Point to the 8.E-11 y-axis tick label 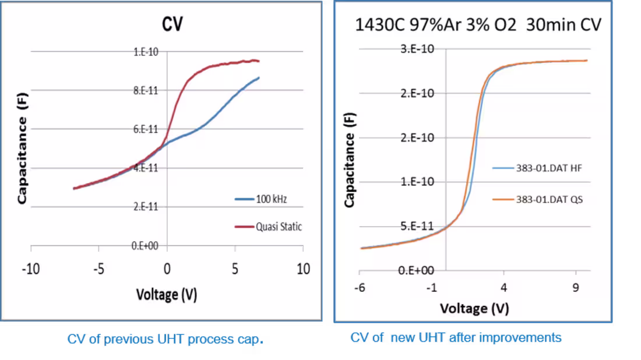(146, 90)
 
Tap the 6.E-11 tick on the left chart (146, 129)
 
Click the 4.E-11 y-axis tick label (146, 168)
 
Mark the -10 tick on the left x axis (31, 269)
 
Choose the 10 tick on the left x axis (303, 269)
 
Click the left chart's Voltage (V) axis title (167, 295)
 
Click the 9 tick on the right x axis (576, 287)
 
